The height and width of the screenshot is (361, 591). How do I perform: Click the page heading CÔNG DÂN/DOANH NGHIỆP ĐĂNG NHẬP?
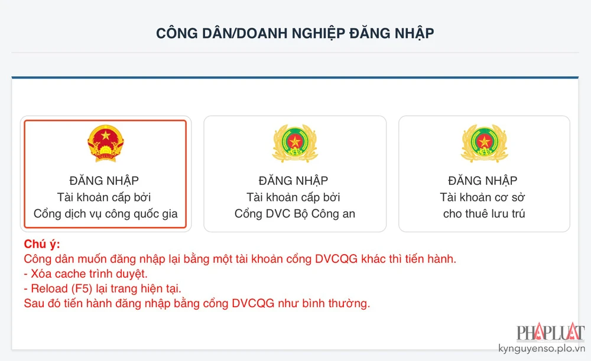pos(295,33)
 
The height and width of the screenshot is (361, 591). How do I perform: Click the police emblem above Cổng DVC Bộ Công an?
pos(294,144)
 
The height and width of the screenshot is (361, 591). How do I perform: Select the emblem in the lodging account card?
pos(484,144)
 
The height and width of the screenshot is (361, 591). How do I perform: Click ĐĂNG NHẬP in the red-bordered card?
pos(105,180)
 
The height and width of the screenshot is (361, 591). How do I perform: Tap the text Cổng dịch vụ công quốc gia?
pos(105,214)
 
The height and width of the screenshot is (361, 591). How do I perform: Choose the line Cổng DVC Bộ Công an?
pos(294,214)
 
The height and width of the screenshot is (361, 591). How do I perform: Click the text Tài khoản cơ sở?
pos(484,197)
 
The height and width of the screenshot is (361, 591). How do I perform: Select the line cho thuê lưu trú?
pos(484,214)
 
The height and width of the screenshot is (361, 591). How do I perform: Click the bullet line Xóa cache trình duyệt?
pos(86,274)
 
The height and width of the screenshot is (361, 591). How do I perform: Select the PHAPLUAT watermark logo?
pos(550,333)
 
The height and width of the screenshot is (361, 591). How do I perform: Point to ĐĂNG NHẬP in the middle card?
pos(294,180)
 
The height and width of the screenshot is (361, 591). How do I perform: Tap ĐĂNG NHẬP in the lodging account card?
pos(484,180)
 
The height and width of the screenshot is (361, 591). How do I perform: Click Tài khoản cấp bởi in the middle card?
pos(294,197)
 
